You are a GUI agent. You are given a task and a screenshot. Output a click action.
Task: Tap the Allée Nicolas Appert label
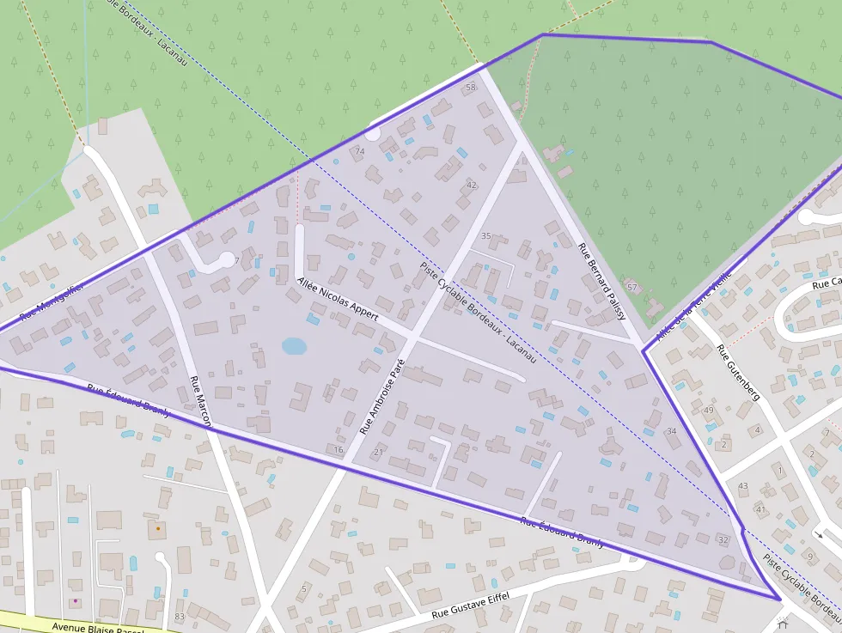click(338, 299)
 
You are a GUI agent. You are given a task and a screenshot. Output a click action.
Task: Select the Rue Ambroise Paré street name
click(381, 396)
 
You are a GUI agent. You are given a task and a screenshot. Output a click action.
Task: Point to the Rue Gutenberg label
click(738, 373)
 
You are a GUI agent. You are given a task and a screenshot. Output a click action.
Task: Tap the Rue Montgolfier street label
click(52, 302)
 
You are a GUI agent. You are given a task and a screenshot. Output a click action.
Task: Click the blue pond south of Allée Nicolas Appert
click(294, 345)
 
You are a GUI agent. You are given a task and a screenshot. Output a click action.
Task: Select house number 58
click(470, 88)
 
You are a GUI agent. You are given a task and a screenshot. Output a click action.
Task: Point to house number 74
click(359, 151)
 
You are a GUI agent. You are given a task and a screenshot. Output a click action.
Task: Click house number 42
click(471, 185)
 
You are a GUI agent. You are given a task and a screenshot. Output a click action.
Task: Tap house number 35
click(485, 236)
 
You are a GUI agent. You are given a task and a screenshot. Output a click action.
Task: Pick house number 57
click(631, 287)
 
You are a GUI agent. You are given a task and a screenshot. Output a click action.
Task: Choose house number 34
click(671, 431)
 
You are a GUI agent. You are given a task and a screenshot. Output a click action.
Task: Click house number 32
click(723, 540)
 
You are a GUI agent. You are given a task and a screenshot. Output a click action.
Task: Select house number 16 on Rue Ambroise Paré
click(339, 449)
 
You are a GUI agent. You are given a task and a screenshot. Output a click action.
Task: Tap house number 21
click(378, 452)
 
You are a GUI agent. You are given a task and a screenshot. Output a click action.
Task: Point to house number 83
click(179, 617)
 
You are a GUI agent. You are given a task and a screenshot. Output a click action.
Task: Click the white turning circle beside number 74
click(373, 132)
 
